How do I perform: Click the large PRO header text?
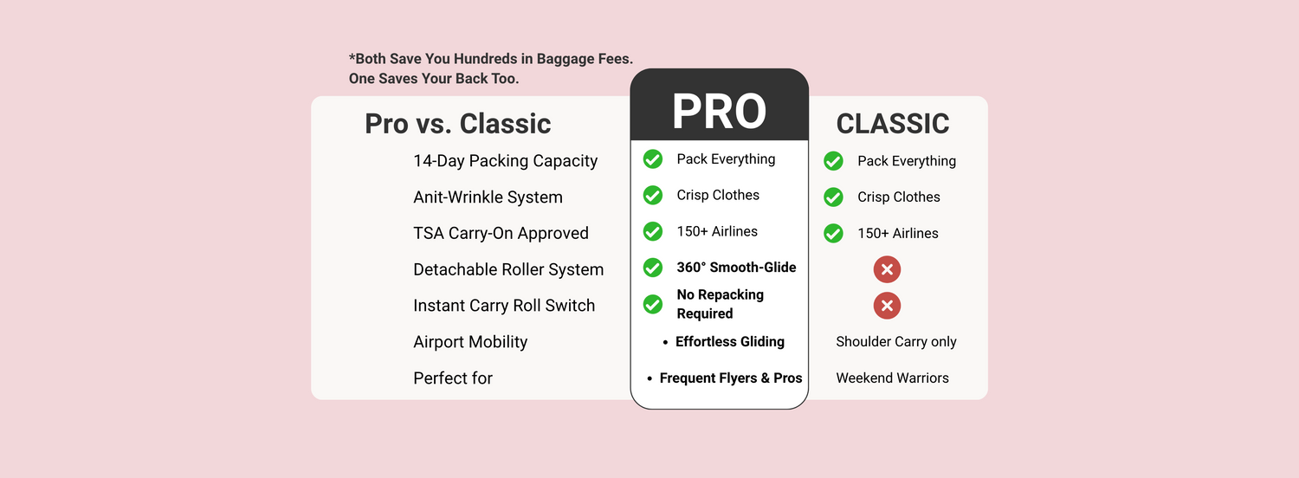pos(719,111)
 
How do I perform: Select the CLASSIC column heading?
pos(893,124)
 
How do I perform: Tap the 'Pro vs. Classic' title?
pos(457,124)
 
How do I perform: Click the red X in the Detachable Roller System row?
pos(887,269)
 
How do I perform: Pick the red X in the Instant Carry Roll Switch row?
pos(887,306)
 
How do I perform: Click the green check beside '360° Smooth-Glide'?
pos(652,268)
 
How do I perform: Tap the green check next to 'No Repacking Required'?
pos(652,304)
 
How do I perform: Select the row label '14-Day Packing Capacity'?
pos(505,161)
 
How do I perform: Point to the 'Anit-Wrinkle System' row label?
pos(488,197)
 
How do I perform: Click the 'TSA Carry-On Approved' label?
pos(501,233)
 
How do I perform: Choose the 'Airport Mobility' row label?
pos(470,342)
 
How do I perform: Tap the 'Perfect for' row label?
pos(453,378)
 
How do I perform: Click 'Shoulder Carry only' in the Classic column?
pos(896,342)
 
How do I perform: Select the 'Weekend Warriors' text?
pos(893,378)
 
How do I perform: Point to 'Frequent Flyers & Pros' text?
pos(731,378)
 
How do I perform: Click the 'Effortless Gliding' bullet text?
pos(729,342)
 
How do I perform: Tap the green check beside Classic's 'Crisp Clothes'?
pos(833,197)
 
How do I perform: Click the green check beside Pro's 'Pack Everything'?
pos(652,159)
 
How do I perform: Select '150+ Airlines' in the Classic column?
pos(898,233)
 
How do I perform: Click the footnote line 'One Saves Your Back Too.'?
pos(434,78)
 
